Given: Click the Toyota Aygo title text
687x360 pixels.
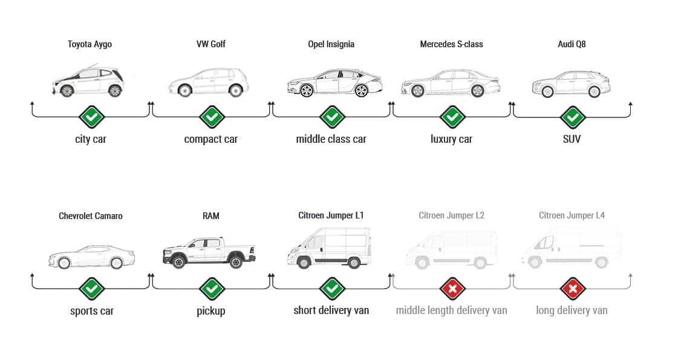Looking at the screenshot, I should point(90,44).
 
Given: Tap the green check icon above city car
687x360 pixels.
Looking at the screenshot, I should point(91,116).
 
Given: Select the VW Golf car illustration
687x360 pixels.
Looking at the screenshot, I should point(209,82).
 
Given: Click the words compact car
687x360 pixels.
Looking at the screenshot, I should point(211,139).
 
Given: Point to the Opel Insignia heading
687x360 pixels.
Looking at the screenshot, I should point(331,44).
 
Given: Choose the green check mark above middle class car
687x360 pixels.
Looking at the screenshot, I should point(331,116).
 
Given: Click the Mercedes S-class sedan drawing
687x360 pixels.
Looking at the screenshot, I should point(451,83).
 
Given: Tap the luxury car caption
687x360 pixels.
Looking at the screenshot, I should point(451,139).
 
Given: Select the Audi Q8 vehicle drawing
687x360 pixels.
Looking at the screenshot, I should point(571,84).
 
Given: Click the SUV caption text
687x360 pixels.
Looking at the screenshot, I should point(571,139).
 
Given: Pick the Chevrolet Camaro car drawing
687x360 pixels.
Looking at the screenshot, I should point(91,257).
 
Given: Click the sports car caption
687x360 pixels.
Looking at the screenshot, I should point(92,311).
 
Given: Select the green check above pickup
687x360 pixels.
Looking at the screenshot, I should point(212,288).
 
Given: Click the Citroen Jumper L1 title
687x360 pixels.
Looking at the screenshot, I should point(331,215).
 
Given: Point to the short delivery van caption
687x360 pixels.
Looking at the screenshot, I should point(331,310).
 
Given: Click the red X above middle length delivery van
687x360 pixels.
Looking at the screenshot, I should point(452,288).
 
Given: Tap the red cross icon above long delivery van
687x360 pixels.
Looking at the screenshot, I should point(572,288).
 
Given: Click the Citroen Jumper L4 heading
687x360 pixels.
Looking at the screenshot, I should point(571,215).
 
